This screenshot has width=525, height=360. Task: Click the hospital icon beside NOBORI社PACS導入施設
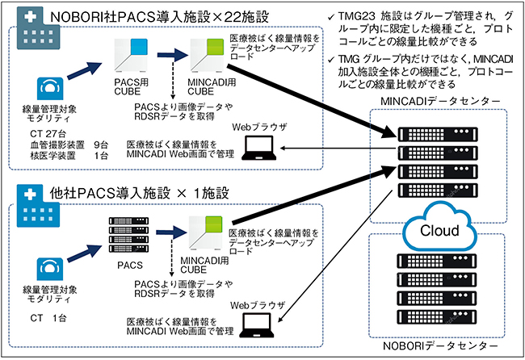[25, 25]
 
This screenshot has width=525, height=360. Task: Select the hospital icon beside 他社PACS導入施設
[25, 205]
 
